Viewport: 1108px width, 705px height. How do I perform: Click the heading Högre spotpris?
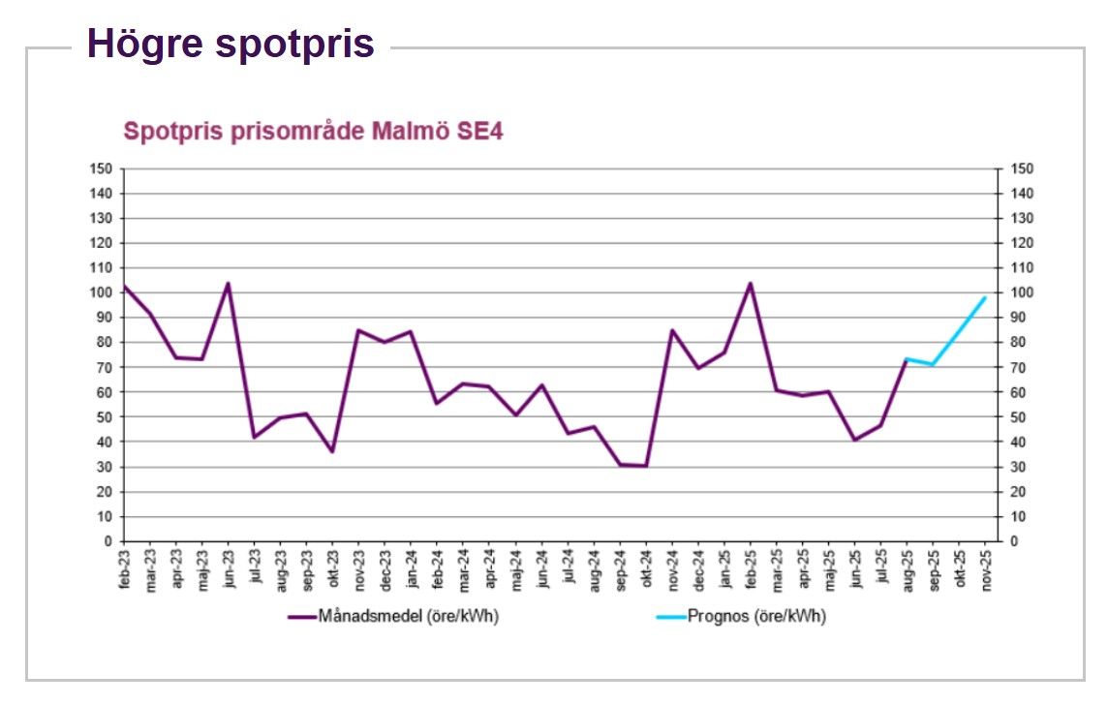(231, 44)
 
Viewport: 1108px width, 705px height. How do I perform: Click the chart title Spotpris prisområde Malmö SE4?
(313, 132)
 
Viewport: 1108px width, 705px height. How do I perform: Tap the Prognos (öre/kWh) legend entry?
(755, 616)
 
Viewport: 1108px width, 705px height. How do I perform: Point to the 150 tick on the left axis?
(103, 169)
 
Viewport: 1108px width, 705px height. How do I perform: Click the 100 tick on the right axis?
(1021, 293)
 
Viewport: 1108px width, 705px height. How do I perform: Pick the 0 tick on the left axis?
(108, 541)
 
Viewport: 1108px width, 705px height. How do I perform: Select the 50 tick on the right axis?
(1018, 417)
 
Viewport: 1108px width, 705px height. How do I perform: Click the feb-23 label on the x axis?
(125, 571)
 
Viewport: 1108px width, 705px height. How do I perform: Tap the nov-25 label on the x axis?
(985, 571)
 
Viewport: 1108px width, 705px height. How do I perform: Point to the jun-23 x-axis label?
(229, 571)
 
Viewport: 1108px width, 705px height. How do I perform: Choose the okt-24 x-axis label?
(646, 571)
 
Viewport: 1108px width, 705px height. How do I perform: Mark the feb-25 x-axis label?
(751, 571)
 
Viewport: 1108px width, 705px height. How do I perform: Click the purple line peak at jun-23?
(229, 284)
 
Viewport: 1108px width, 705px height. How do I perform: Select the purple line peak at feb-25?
(751, 284)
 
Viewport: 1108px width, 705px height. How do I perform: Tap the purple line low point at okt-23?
(333, 452)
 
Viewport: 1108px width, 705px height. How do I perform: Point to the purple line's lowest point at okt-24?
(646, 466)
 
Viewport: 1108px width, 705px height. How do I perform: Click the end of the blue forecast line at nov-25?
(985, 298)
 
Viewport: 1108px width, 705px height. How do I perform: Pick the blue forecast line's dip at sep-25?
(933, 365)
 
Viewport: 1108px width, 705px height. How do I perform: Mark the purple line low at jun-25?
(854, 440)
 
